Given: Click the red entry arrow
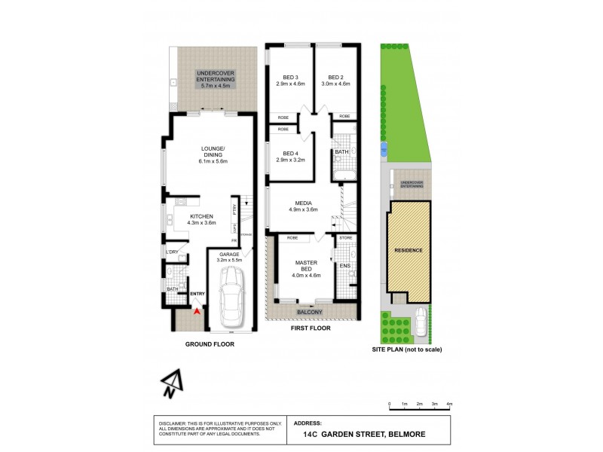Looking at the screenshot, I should click(197, 308).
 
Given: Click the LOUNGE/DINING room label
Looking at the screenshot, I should click(214, 154).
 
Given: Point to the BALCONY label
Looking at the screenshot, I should click(310, 312).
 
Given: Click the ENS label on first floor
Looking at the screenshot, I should click(345, 265).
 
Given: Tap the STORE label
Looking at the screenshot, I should click(346, 238).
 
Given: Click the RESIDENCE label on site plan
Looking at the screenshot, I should click(409, 249).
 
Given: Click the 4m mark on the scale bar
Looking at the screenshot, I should click(450, 405).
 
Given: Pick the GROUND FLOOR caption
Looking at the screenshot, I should click(209, 344).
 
